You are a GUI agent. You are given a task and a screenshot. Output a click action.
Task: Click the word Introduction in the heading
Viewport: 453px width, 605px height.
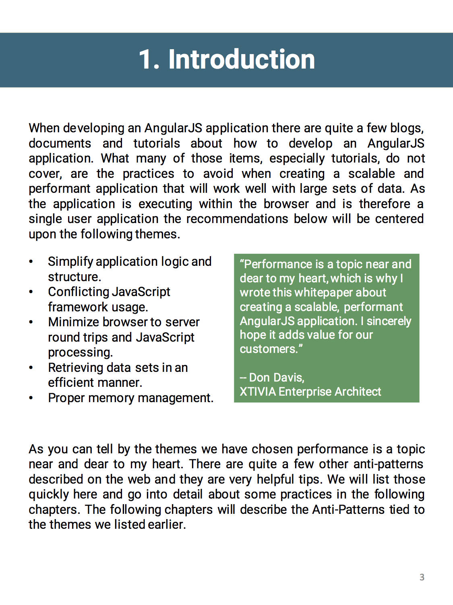click(242, 60)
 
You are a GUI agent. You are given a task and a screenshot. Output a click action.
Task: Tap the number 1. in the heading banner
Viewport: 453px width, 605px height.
click(149, 60)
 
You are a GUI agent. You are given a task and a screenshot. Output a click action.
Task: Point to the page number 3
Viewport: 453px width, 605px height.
click(422, 577)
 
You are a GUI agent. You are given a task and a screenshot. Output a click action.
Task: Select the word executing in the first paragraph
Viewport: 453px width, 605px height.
click(165, 204)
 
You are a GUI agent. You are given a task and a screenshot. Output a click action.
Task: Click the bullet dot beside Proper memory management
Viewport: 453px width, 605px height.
click(31, 398)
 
